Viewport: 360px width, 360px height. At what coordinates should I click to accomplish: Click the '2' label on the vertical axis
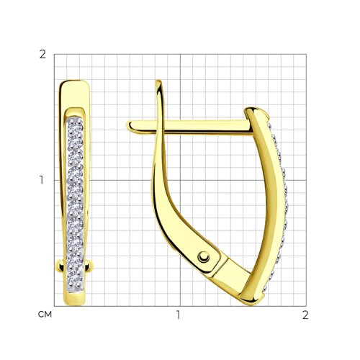(x=42, y=55)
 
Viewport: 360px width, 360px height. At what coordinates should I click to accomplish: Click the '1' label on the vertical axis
(x=42, y=180)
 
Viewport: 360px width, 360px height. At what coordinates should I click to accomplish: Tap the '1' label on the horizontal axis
(x=178, y=315)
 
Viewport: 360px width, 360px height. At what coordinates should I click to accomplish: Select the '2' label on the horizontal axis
(x=305, y=315)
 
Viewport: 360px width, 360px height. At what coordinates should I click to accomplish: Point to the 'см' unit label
(x=45, y=315)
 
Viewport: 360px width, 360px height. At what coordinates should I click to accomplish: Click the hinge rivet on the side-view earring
(x=204, y=258)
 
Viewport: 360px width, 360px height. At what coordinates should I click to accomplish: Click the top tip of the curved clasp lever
(x=158, y=81)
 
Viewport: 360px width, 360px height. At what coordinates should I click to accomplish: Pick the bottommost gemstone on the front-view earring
(x=75, y=279)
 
